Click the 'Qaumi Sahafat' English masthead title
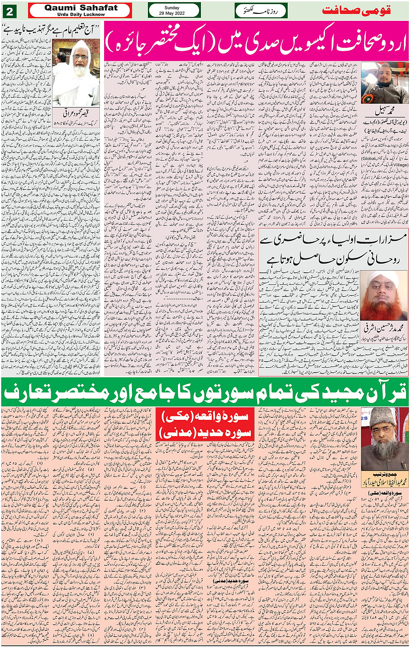tap(81, 7)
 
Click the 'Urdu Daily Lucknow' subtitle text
tap(81, 14)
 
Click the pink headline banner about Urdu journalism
tap(256, 42)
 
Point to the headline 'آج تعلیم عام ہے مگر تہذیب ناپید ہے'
tap(51, 30)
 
